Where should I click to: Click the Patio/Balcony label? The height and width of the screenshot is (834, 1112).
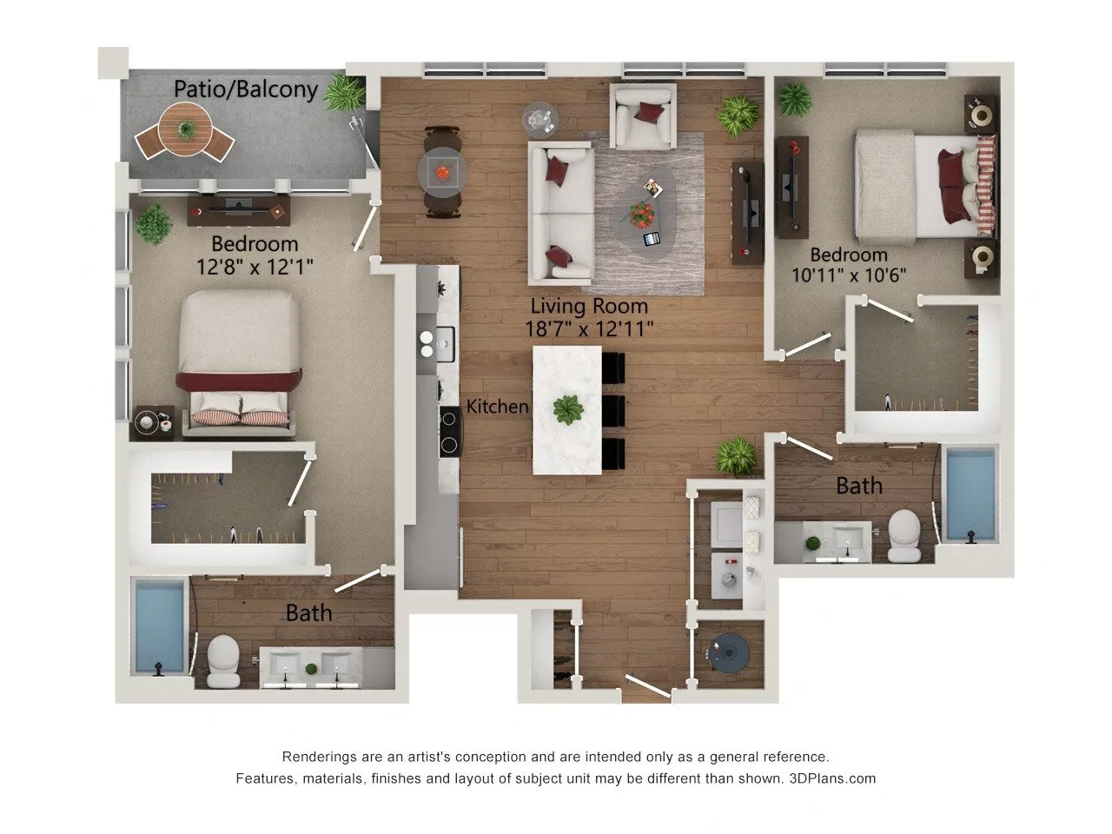tap(245, 89)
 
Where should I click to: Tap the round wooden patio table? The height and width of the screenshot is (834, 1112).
tap(186, 129)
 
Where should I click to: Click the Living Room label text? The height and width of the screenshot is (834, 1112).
tap(589, 306)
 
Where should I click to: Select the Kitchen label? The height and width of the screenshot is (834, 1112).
tap(497, 406)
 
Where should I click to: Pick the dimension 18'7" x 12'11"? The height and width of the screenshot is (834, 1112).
tap(589, 328)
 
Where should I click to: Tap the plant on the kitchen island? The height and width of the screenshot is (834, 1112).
tap(568, 408)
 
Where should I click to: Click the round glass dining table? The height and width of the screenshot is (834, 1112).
tap(443, 171)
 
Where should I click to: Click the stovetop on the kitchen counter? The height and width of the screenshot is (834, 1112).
tap(450, 432)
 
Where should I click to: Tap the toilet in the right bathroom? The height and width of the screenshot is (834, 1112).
tap(904, 533)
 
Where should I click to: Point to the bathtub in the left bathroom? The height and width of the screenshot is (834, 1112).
tap(160, 626)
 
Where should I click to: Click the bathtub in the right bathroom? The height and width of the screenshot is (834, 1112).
tap(970, 493)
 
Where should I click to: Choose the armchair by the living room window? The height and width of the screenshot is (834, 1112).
tap(643, 116)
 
